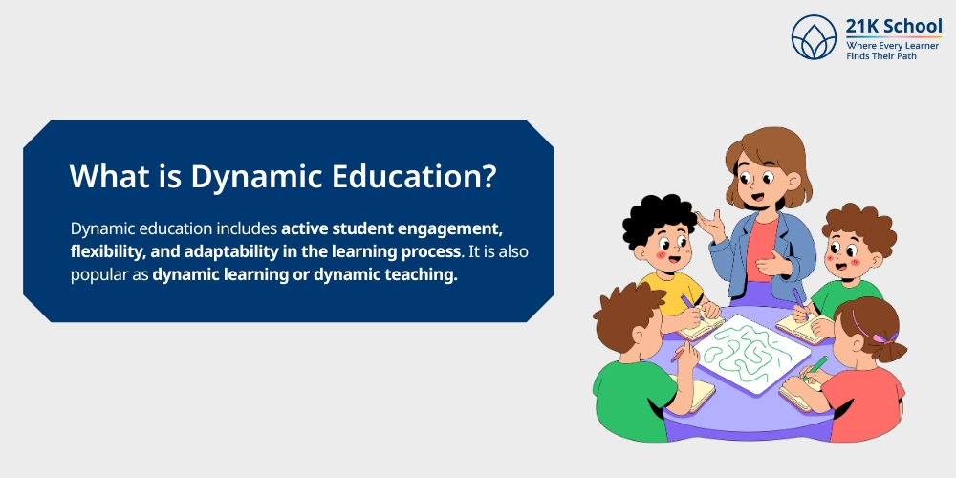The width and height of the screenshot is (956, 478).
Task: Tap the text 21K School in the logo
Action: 894,26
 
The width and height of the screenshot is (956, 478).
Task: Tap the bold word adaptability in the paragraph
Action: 229,251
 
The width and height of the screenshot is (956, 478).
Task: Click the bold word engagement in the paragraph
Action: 441,229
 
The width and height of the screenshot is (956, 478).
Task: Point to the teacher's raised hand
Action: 708,226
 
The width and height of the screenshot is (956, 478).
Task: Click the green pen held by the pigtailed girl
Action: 817,366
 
